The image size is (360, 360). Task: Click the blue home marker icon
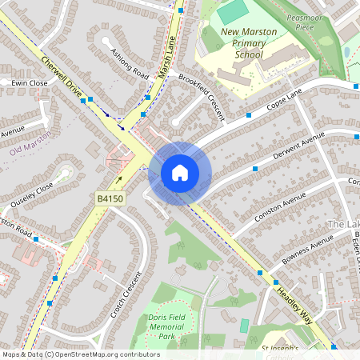click(x=180, y=173)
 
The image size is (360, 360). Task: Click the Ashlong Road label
click(x=130, y=64)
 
